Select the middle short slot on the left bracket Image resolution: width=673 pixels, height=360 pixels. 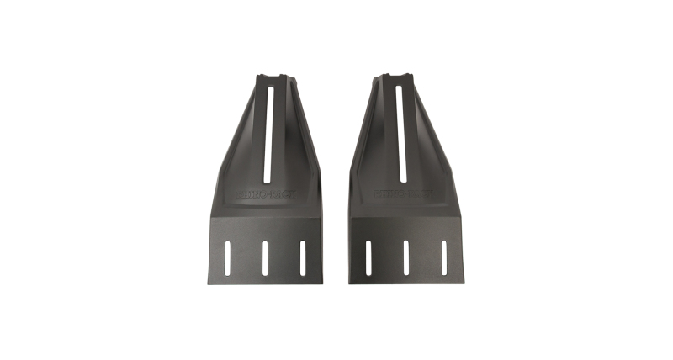[264, 257]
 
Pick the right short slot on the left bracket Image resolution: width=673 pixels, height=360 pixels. [302, 257]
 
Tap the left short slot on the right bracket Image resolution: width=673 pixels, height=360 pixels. [368, 257]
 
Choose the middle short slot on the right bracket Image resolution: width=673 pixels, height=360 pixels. [406, 257]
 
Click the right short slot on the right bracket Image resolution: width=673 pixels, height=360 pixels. [444, 257]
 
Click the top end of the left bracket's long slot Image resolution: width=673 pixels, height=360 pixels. [269, 88]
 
